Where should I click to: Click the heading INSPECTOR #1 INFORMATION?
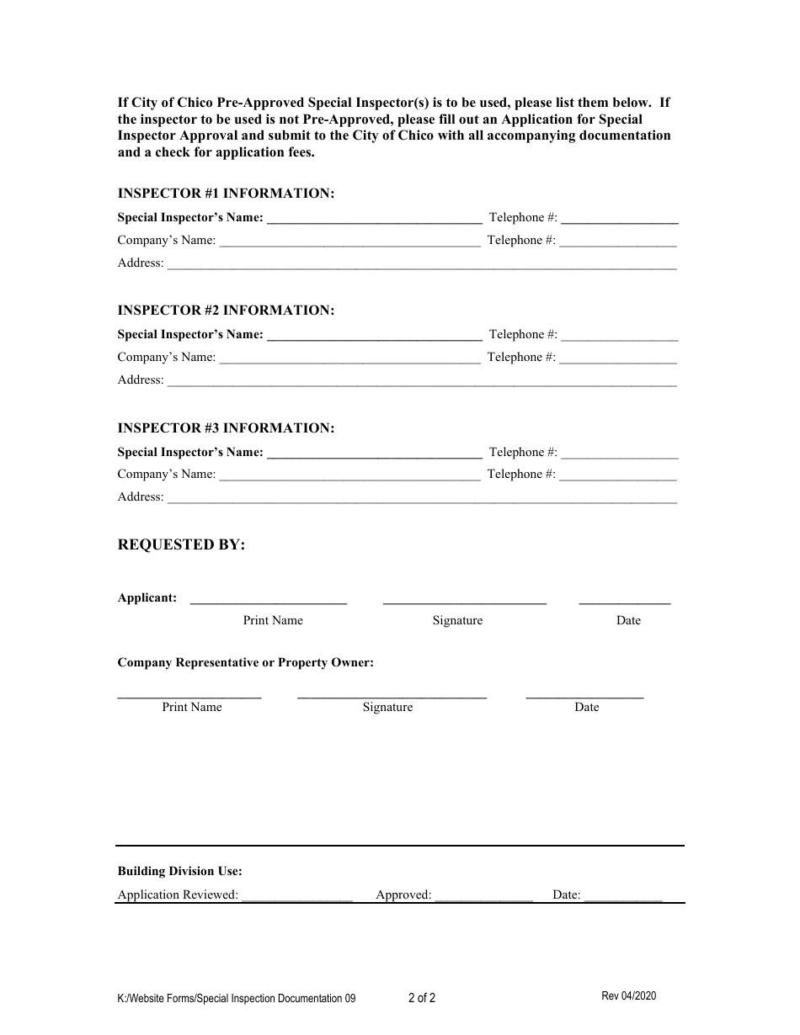click(226, 194)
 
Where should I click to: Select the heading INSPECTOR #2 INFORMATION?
click(226, 310)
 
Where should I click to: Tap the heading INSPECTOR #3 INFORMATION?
click(226, 428)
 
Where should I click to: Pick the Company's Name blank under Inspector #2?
click(349, 358)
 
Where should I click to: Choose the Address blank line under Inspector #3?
click(422, 498)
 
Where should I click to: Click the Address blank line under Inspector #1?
click(422, 264)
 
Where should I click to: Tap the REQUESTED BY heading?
click(181, 545)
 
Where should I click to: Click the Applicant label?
click(147, 598)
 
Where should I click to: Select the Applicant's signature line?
click(465, 601)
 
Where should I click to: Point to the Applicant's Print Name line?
click(269, 601)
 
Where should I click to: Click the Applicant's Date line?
click(625, 601)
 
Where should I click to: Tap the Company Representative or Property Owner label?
click(245, 663)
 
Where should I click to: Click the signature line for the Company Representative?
click(392, 695)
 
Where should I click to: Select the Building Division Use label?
click(179, 872)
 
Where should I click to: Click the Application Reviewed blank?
click(296, 896)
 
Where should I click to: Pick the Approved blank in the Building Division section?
click(484, 896)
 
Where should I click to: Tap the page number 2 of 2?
click(422, 1000)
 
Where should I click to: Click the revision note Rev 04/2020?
click(628, 996)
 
